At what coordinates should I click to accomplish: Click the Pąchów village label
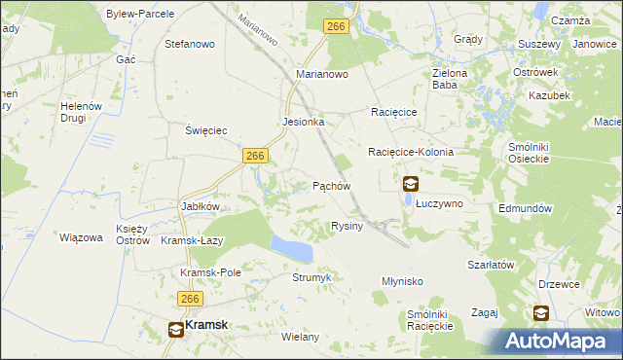pos(331,185)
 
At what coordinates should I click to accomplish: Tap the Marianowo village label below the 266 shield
pos(322,74)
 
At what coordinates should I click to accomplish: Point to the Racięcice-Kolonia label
pos(411,153)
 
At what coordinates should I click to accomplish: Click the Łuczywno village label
pos(440,203)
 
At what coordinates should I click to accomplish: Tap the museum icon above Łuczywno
pos(411,183)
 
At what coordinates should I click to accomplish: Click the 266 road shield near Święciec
pos(256,156)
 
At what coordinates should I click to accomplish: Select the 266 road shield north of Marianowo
pos(337,28)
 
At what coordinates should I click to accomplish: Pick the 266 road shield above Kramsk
pos(189,300)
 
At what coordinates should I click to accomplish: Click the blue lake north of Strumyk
pos(291,247)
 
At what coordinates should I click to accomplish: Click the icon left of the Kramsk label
pos(175,329)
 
